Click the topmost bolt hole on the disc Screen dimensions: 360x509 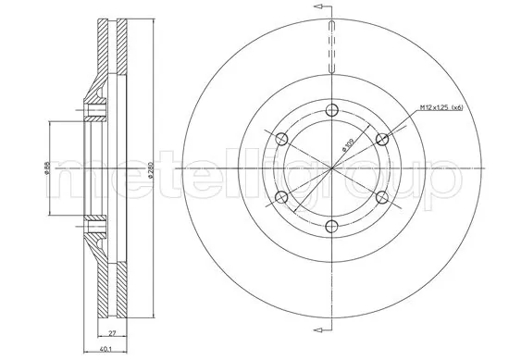[x=332, y=110]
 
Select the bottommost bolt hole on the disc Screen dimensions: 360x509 [x=332, y=225]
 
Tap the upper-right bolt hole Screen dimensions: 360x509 [x=382, y=139]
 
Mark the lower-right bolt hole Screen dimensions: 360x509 [x=382, y=196]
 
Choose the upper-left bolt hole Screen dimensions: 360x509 [x=282, y=139]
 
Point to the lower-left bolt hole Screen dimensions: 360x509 [x=282, y=196]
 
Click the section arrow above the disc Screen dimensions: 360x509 [x=322, y=7]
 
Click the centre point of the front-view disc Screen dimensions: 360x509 [x=332, y=168]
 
